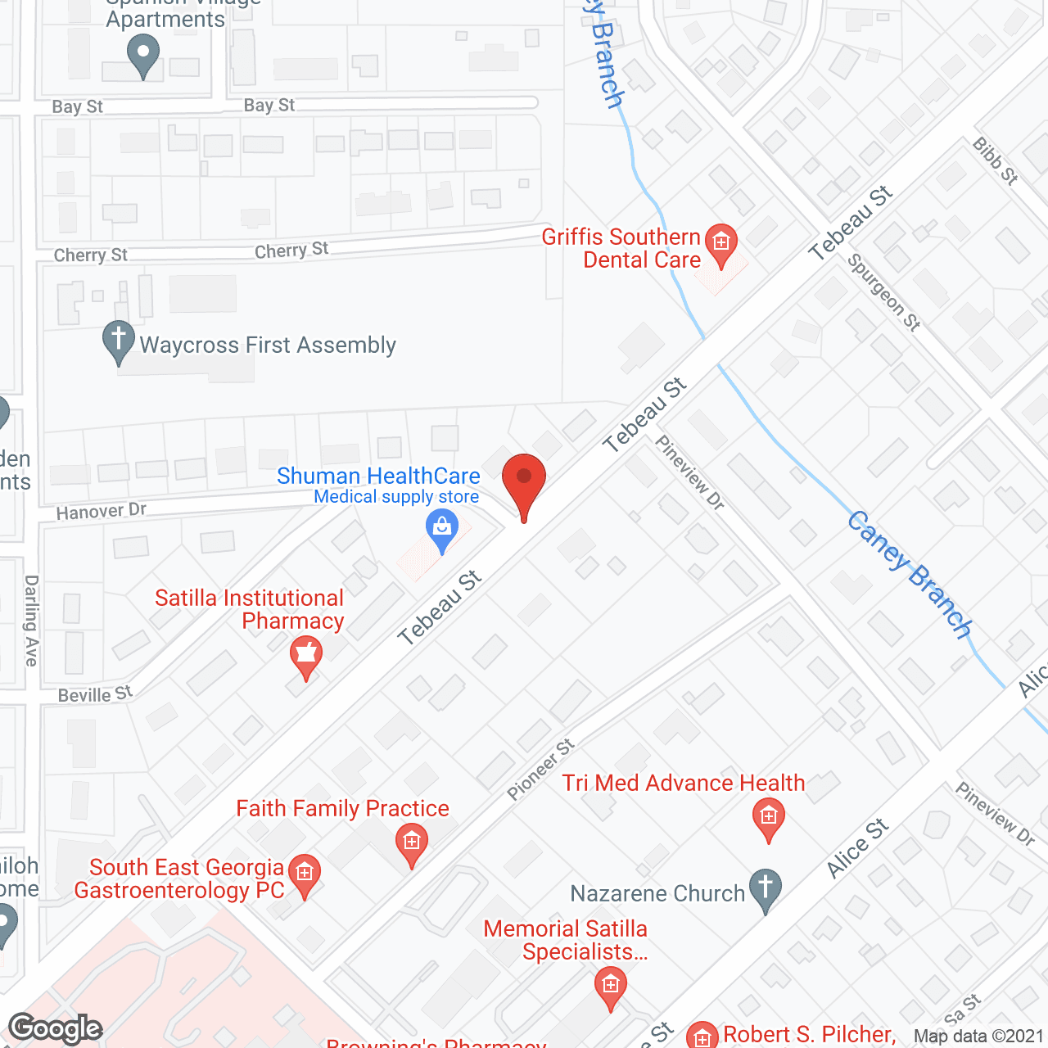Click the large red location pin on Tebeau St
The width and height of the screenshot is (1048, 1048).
click(523, 483)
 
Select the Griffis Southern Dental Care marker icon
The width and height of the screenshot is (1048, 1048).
click(721, 243)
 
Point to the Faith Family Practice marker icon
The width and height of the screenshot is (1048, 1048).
click(411, 842)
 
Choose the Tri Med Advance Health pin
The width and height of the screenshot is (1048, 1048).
click(768, 817)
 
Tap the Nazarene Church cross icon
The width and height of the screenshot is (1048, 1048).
click(766, 888)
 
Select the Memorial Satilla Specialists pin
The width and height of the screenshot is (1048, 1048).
click(610, 985)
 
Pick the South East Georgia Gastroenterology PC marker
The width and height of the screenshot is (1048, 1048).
click(305, 874)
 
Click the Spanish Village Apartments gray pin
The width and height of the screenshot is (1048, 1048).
click(143, 56)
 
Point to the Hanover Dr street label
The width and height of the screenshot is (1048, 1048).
click(102, 512)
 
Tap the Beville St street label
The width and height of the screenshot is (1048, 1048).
click(95, 695)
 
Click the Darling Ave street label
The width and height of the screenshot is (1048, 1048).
click(32, 621)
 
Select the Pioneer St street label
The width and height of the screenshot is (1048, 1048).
click(540, 770)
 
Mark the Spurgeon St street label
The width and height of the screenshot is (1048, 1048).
click(883, 292)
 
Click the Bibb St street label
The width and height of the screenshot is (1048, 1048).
click(995, 160)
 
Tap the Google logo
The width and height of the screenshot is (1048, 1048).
click(56, 1028)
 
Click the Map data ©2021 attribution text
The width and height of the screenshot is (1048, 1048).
click(978, 1037)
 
